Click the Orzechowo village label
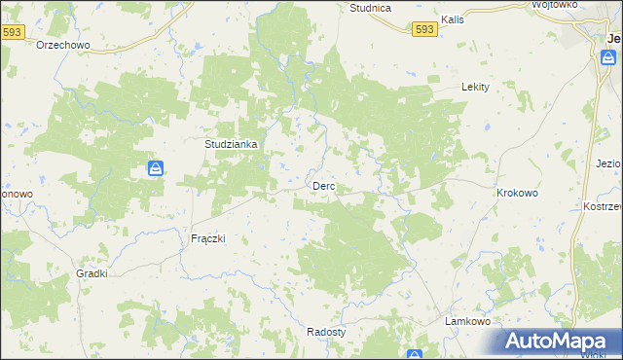63,45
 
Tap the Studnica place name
370,8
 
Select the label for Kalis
451,18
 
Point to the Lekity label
474,87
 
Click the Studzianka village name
231,144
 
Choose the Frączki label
206,238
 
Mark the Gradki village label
92,273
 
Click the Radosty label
325,331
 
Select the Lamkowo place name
466,321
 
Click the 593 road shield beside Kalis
423,30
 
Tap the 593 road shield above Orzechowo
12,32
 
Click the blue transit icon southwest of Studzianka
155,169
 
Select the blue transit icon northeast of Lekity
608,58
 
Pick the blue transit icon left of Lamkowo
415,355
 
